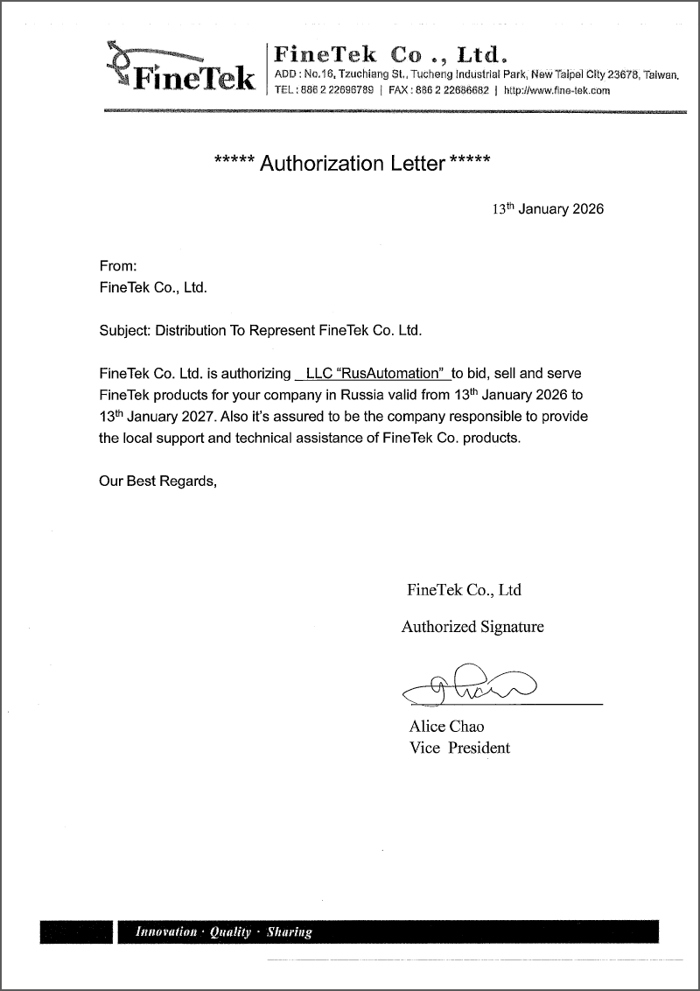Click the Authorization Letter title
(352, 164)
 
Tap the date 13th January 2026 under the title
(548, 210)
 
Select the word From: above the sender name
(118, 265)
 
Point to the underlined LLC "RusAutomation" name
(374, 373)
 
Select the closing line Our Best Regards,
(157, 481)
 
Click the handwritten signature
(472, 685)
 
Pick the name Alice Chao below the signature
(446, 727)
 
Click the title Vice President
(459, 748)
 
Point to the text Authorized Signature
(472, 627)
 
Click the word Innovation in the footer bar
(166, 932)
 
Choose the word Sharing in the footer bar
(290, 932)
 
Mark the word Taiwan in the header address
(662, 75)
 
